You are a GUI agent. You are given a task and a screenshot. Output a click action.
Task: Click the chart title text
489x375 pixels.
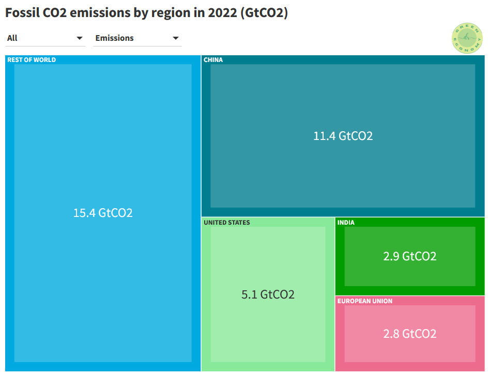(146, 13)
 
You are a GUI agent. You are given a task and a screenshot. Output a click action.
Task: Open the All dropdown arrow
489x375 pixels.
(80, 38)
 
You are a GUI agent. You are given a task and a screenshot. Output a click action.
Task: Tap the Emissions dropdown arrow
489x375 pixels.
(176, 38)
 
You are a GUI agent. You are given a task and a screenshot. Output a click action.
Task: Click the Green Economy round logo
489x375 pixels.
(467, 38)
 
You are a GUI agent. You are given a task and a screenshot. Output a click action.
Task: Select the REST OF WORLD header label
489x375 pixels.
(32, 60)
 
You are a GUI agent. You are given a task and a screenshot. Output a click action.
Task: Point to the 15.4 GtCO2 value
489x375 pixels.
(103, 213)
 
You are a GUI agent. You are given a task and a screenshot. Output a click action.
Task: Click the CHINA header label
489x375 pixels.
(213, 60)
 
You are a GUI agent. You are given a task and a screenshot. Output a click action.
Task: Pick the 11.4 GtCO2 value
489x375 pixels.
(343, 136)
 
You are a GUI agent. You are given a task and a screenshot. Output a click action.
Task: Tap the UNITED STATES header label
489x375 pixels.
(226, 223)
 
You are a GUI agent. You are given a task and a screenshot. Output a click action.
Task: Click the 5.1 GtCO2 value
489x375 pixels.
(268, 295)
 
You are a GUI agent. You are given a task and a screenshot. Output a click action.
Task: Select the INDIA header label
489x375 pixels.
(346, 223)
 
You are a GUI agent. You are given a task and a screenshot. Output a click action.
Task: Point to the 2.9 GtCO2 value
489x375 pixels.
(410, 256)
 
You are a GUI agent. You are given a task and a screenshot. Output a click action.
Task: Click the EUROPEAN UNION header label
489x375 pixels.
(364, 301)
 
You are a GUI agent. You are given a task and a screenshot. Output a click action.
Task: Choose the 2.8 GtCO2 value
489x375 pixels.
(410, 334)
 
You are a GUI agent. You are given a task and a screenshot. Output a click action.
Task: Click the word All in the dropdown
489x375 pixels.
(12, 38)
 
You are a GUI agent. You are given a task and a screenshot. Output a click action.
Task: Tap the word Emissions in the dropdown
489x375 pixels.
(114, 38)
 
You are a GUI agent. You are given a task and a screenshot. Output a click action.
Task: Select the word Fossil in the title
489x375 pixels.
(22, 13)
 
